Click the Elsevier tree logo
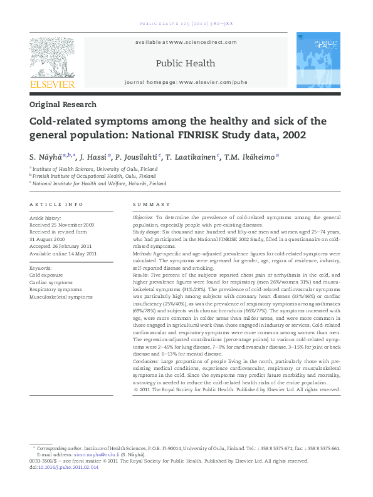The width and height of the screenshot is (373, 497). [52, 56]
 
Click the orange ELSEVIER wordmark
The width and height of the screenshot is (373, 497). [52, 84]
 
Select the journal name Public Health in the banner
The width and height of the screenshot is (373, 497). [185, 63]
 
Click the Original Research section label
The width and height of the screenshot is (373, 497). [63, 105]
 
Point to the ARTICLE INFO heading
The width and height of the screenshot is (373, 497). [56, 204]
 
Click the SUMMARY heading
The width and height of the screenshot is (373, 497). [152, 204]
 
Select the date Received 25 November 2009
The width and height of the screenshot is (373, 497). [61, 223]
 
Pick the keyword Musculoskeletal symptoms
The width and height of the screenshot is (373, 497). [60, 297]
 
